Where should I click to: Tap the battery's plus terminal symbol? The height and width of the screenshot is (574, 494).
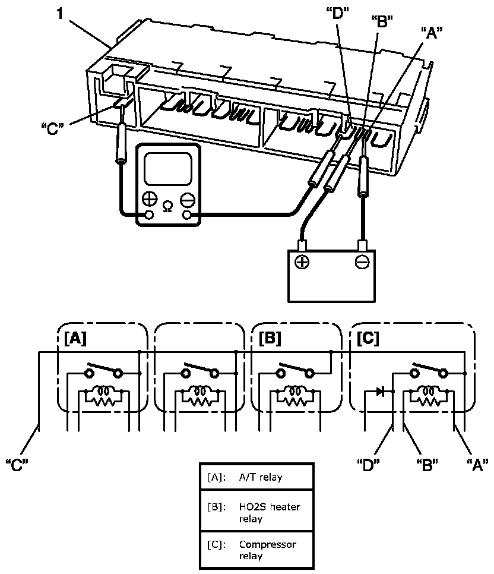[x=302, y=261]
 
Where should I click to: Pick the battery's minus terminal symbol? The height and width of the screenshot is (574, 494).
[x=362, y=261]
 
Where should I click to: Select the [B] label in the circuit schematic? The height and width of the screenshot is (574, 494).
[x=270, y=339]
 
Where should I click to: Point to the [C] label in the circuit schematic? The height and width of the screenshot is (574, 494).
[x=369, y=339]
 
